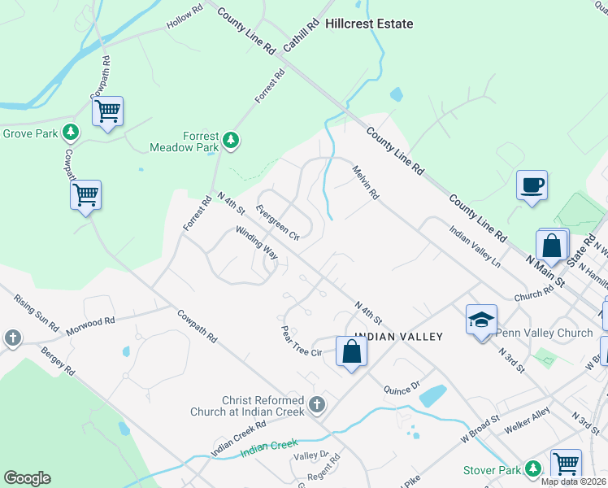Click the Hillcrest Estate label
point(369,24)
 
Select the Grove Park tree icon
point(72,133)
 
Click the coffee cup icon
point(532,185)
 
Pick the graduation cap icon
point(481,319)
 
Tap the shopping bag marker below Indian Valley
point(351,351)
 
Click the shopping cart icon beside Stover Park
point(566,464)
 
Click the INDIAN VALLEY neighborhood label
point(394,337)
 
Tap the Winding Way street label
point(257,243)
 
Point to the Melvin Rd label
point(366,183)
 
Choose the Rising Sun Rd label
point(37,312)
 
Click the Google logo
point(27,478)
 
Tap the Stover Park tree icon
point(532,468)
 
